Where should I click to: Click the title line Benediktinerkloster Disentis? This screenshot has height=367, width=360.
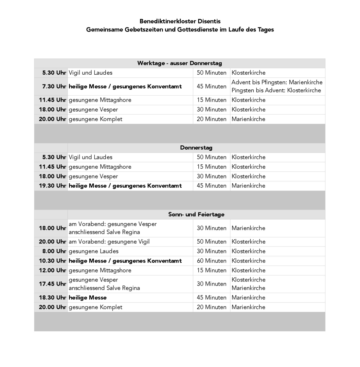point(180,21)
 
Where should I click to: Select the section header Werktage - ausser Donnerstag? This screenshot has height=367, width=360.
point(180,63)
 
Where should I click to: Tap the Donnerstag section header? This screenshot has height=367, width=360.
point(196,148)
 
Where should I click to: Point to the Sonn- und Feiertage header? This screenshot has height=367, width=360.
point(196,214)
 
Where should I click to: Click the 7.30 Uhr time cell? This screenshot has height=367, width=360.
point(52,86)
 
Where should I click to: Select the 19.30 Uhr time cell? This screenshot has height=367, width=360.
point(52,186)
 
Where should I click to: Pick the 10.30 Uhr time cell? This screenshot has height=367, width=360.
point(52,261)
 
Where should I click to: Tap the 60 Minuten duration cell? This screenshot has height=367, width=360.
point(211,261)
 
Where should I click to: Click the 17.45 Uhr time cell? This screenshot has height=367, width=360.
point(52,284)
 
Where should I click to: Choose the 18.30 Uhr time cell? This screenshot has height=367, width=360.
point(52,298)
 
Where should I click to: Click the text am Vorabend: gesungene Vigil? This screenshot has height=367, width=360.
point(109,242)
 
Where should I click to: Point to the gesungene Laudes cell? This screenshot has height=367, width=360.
point(94,251)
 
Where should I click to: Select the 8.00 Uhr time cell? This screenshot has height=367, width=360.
point(54,251)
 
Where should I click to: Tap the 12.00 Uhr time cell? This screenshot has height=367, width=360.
point(52,270)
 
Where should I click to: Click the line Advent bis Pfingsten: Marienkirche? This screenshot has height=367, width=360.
point(277,82)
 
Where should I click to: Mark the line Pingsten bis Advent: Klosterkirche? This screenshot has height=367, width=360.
point(276,90)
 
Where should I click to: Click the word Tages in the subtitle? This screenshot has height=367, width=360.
point(265,29)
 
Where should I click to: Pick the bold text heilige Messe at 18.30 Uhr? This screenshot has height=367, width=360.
point(88,298)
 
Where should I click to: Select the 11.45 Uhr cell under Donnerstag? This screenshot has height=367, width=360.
point(52,167)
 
